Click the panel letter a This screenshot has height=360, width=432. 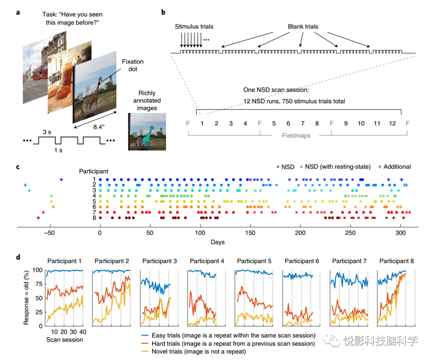pyautogui.click(x=18, y=12)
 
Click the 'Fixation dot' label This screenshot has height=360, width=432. pyautogui.click(x=133, y=65)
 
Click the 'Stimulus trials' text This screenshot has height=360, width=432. pyautogui.click(x=194, y=27)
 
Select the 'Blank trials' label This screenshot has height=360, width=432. pyautogui.click(x=303, y=27)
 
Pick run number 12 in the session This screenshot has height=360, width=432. pyautogui.click(x=392, y=123)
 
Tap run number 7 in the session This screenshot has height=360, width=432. pyautogui.click(x=302, y=123)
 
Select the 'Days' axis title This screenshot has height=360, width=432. pyautogui.click(x=218, y=242)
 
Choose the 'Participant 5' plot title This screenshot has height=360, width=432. pyautogui.click(x=254, y=261)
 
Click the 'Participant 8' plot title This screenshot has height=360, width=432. pyautogui.click(x=396, y=261)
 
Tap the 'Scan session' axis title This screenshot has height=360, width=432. pyautogui.click(x=65, y=340)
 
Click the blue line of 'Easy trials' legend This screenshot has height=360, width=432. pyautogui.click(x=145, y=336)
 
